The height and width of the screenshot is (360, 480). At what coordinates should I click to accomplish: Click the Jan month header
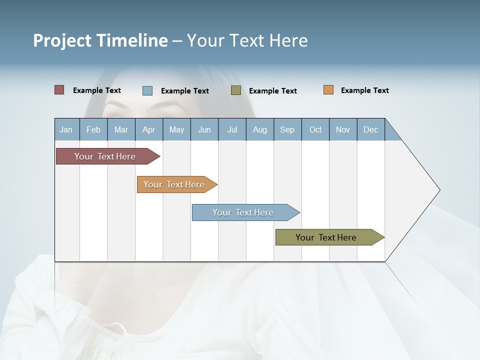[66, 129]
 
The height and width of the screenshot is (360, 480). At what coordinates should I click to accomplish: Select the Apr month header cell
[149, 129]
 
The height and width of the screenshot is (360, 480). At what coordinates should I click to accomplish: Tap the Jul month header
[232, 129]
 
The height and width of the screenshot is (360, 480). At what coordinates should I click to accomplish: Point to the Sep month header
[287, 129]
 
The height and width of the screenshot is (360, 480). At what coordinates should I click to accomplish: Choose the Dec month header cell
[370, 129]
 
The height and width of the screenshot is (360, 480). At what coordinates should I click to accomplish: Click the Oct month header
[315, 129]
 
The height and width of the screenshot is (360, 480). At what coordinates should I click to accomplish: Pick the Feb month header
[93, 129]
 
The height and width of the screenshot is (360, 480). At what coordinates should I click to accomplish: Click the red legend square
[59, 90]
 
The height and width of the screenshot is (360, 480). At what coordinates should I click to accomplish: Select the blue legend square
[147, 90]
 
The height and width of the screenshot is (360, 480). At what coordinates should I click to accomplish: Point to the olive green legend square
[236, 90]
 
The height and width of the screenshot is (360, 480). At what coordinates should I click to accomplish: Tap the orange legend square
[328, 90]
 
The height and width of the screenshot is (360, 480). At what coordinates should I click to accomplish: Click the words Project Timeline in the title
[100, 40]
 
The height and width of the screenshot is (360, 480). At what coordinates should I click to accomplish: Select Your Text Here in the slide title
[247, 40]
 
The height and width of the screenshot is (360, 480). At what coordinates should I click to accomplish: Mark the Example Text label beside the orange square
[364, 90]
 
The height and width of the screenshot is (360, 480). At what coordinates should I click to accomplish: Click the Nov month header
[343, 129]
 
